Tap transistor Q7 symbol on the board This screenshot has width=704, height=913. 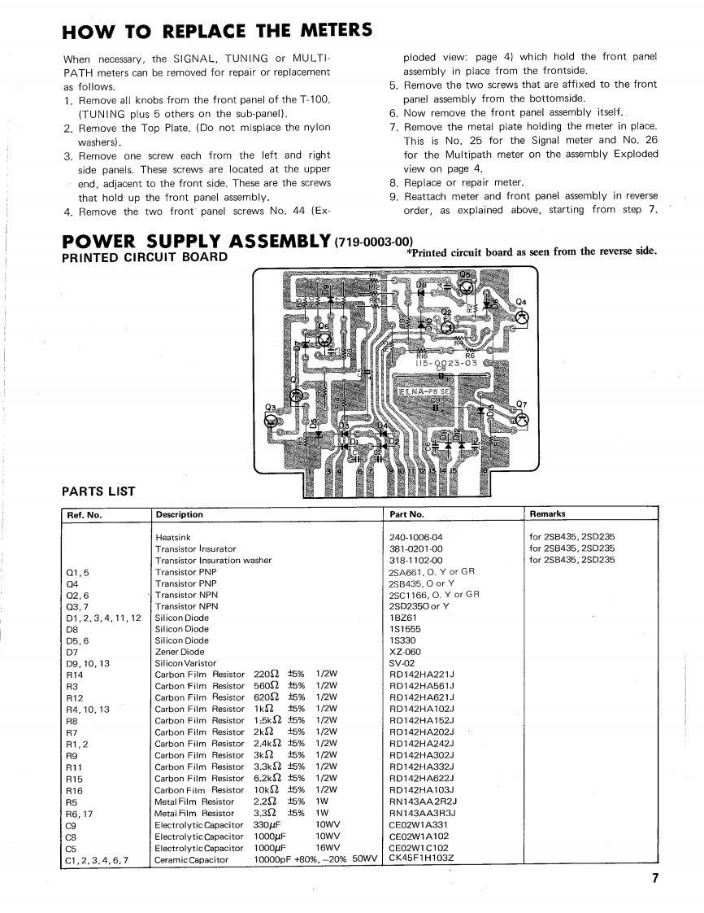pos(521,419)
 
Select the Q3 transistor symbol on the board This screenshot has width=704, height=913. pos(272,421)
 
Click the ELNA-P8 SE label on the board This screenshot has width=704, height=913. pos(426,392)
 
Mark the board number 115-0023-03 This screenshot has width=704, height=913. pos(446,364)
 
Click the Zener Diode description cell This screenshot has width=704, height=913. pos(180,652)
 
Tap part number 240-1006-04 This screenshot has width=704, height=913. pos(415,538)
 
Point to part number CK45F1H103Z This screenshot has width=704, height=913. pos(421,858)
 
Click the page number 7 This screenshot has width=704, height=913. pos(654,879)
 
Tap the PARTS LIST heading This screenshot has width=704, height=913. pos(98,491)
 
